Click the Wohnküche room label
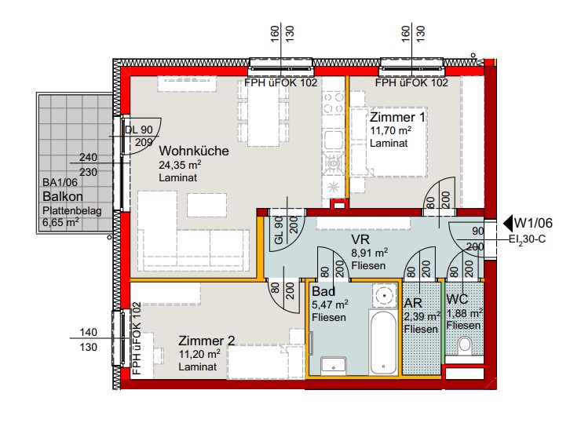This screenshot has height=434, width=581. (194, 151)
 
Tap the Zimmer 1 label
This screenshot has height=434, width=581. (397, 118)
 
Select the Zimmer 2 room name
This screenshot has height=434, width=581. (206, 341)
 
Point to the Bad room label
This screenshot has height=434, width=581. (323, 291)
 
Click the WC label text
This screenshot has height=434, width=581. (457, 299)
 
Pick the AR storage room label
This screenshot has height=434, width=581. (413, 303)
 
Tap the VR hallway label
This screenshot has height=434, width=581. (360, 239)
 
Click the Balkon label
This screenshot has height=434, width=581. (63, 196)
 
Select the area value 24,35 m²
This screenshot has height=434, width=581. (180, 165)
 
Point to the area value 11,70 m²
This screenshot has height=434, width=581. (390, 131)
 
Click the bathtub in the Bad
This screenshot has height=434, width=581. (383, 342)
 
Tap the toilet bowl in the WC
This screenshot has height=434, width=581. (464, 345)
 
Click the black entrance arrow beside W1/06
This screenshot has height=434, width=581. (508, 223)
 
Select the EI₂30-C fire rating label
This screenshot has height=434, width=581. (527, 239)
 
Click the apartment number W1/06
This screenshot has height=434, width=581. (533, 223)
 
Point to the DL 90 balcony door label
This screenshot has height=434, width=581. (139, 130)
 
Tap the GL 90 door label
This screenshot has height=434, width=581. (279, 230)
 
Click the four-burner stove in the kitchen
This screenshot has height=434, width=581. (334, 104)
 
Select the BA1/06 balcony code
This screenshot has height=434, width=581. (60, 182)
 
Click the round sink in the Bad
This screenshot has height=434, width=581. (385, 295)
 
